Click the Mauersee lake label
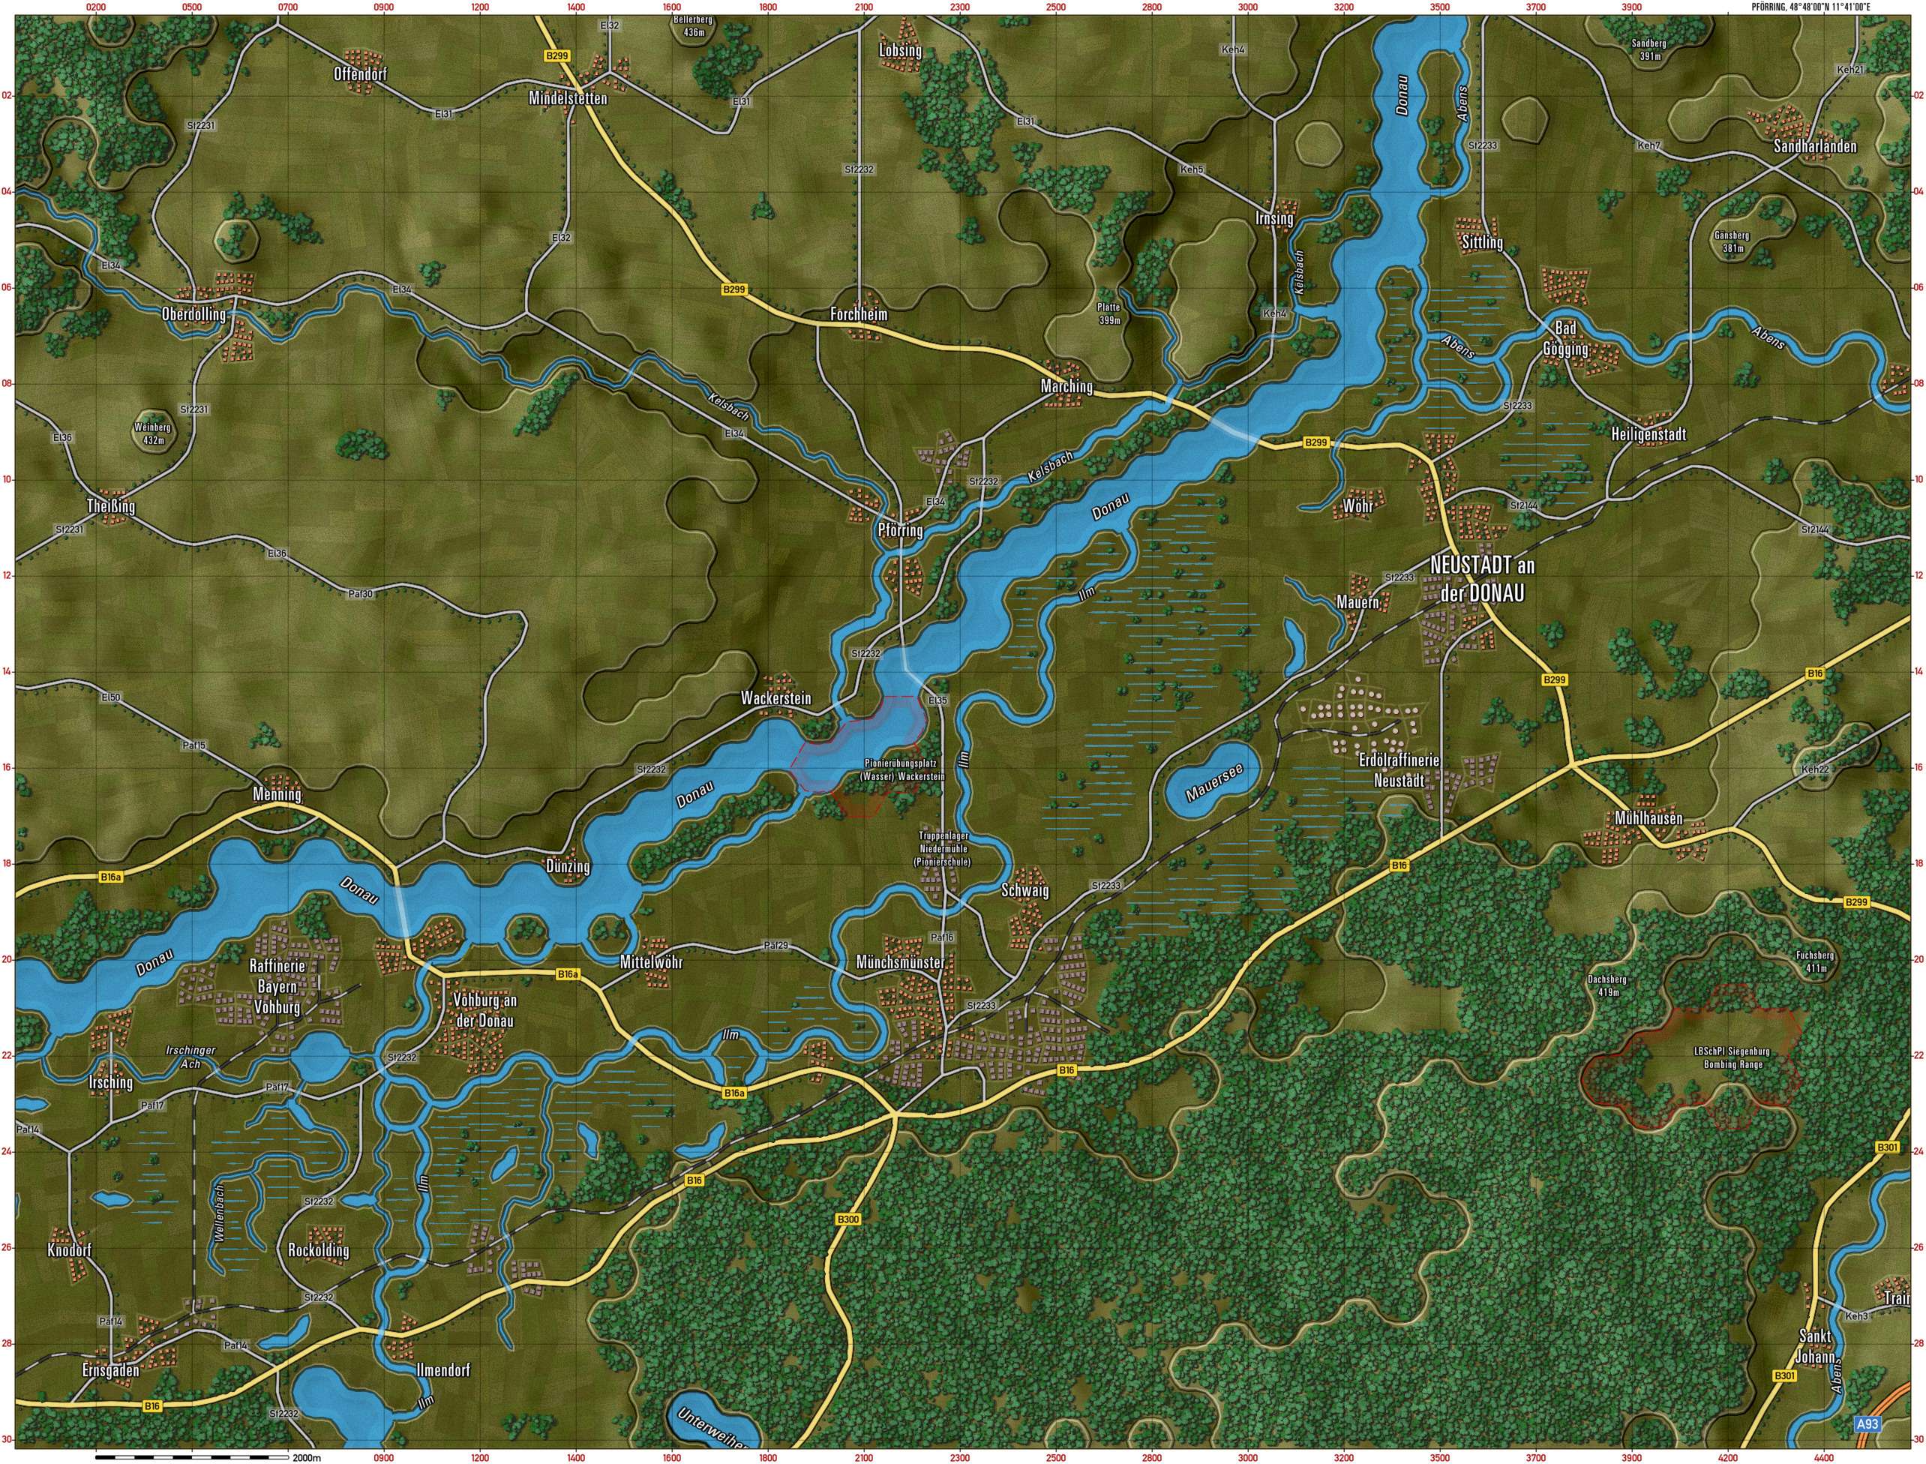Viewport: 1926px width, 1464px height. (x=1211, y=781)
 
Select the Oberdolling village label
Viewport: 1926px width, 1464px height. (x=193, y=314)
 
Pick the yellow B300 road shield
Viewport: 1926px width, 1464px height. (x=847, y=1219)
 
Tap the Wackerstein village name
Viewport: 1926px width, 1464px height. (x=775, y=698)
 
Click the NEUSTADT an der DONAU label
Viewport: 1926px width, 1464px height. (x=1481, y=579)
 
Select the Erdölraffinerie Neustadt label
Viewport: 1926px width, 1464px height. (x=1399, y=770)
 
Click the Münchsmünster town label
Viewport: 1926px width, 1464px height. (x=900, y=963)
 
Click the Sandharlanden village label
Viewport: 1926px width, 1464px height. (x=1814, y=146)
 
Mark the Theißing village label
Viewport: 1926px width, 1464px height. (x=112, y=505)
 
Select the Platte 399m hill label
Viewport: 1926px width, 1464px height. (x=1108, y=313)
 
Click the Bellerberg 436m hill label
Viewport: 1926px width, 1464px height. (x=694, y=26)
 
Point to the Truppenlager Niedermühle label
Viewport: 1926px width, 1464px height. (x=943, y=848)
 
